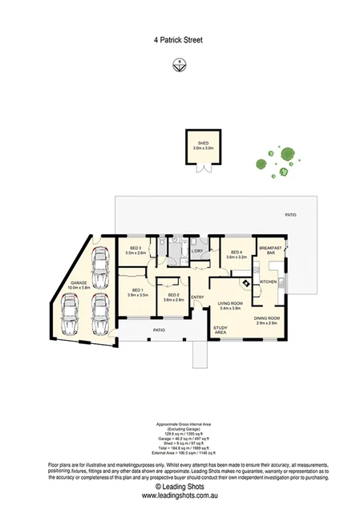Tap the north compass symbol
pyautogui.click(x=180, y=65)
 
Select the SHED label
pyautogui.click(x=203, y=144)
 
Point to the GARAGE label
pyautogui.click(x=77, y=283)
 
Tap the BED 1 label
pyautogui.click(x=137, y=292)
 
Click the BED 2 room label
pyautogui.click(x=174, y=297)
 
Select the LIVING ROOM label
pyautogui.click(x=230, y=305)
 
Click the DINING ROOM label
pyautogui.click(x=265, y=320)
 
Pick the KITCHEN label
pyautogui.click(x=269, y=282)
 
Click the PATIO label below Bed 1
pyautogui.click(x=137, y=330)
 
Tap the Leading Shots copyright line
pyautogui.click(x=180, y=486)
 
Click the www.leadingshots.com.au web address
pyautogui.click(x=180, y=496)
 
